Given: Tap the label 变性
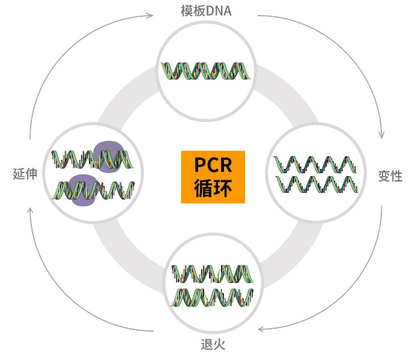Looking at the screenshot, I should [390, 177].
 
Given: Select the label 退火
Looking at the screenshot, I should [213, 344].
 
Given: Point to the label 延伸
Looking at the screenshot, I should [25, 174].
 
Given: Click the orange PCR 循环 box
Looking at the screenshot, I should [213, 177].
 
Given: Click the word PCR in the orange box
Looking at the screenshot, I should [213, 165].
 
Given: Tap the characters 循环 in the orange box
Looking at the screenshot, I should [213, 189].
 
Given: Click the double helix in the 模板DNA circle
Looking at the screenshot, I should [207, 71].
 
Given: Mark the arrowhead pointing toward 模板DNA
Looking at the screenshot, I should [150, 14].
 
